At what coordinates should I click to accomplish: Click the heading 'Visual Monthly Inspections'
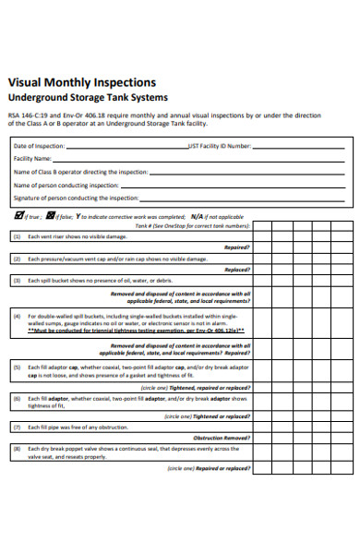[x=81, y=82]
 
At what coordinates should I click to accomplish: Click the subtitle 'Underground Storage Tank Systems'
[x=88, y=98]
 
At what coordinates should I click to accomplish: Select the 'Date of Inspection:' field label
[x=40, y=146]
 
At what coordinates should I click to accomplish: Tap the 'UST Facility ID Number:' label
[x=219, y=146]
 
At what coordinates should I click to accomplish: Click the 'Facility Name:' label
[x=32, y=159]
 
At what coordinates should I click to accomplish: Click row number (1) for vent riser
[x=17, y=236]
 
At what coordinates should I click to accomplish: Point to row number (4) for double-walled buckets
[x=17, y=315]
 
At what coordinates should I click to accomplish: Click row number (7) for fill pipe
[x=17, y=428]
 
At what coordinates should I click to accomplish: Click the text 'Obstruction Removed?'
[x=221, y=438]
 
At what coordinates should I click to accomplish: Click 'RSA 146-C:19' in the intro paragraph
[x=28, y=115]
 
